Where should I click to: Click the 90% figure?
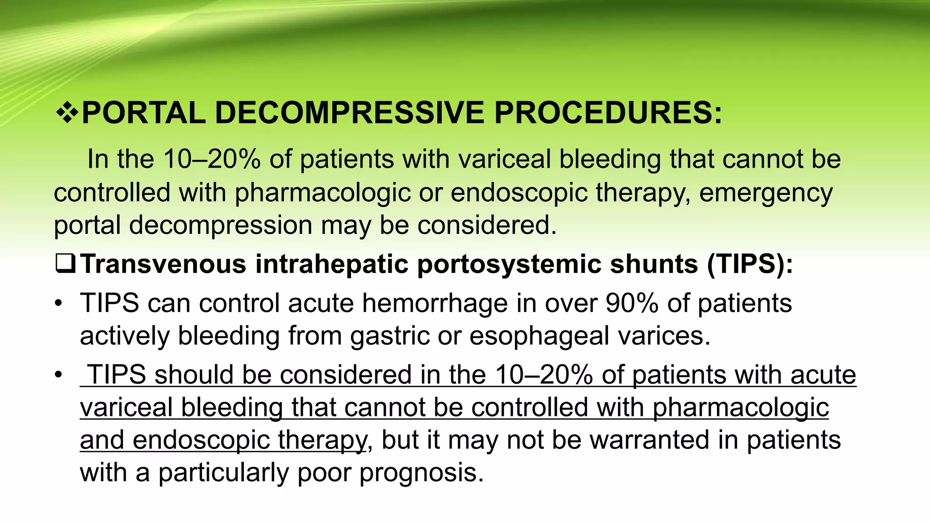pyautogui.click(x=632, y=303)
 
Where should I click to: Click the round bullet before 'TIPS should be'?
pyautogui.click(x=58, y=375)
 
